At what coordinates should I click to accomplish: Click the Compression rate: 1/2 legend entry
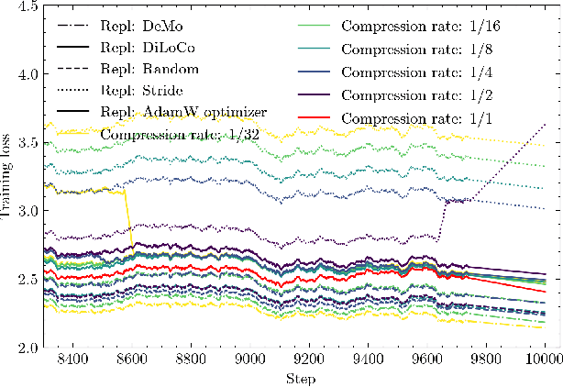(403, 91)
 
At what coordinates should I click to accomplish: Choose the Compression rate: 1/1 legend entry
(403, 112)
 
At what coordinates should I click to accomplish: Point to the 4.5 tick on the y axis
(27, 6)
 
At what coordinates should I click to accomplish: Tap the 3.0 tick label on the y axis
(27, 211)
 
